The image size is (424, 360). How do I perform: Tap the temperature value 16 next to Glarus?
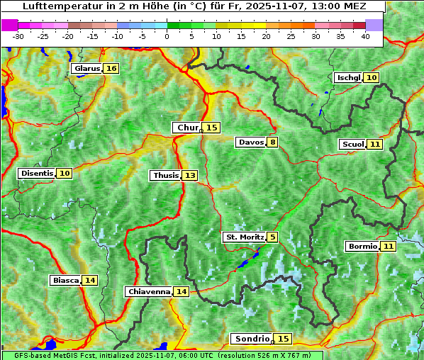click(x=111, y=69)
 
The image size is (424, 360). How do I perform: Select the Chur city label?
click(x=187, y=128)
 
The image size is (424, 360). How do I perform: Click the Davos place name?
click(x=251, y=142)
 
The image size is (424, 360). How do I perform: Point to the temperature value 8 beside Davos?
click(x=272, y=142)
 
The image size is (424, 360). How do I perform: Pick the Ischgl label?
click(x=348, y=78)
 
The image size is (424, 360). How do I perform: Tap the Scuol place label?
click(x=352, y=145)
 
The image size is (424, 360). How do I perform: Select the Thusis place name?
click(x=165, y=176)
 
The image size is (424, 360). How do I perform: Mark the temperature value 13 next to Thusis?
click(x=190, y=176)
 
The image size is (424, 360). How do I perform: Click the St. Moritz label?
click(x=244, y=237)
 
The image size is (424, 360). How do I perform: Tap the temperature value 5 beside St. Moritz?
click(x=272, y=237)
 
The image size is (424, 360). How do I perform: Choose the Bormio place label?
click(x=362, y=247)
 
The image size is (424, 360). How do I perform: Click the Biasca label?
click(x=65, y=281)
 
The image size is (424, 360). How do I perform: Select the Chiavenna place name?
click(x=149, y=291)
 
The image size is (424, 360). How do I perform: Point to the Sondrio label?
click(x=252, y=339)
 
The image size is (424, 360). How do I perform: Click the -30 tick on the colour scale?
click(x=18, y=36)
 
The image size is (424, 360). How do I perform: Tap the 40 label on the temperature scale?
click(x=365, y=36)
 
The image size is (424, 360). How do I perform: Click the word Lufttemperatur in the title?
click(x=55, y=6)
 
